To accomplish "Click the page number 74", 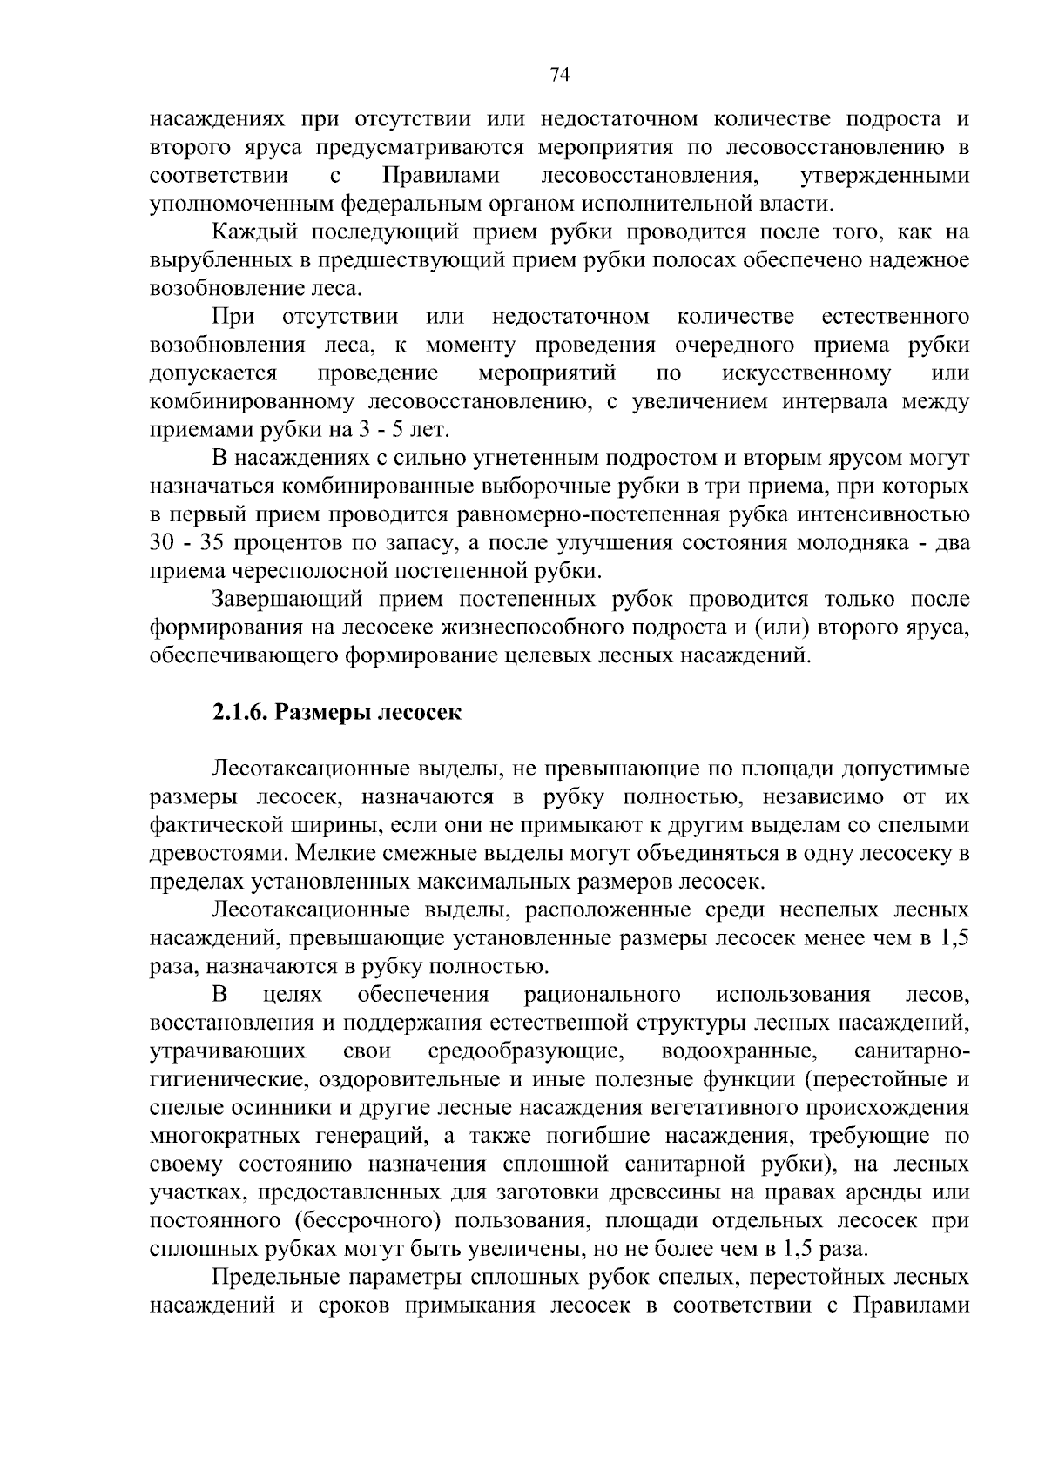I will (559, 75).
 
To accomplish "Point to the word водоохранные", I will (738, 1052).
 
